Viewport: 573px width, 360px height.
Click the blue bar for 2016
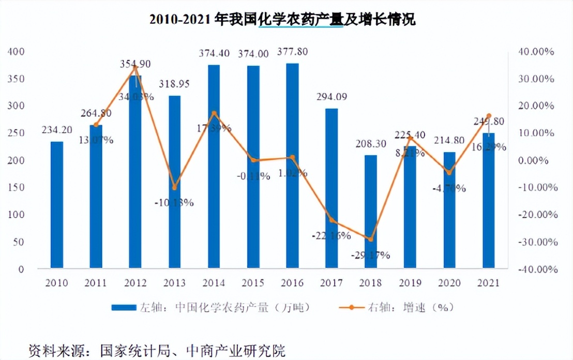coord(292,166)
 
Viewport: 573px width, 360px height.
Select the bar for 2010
coord(57,205)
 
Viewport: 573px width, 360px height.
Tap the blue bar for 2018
coord(371,212)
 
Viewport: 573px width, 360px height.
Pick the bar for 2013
coord(174,182)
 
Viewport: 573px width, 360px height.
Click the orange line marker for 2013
coord(174,187)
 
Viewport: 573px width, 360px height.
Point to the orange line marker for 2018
coord(371,239)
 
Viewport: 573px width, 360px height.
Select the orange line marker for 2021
coord(489,116)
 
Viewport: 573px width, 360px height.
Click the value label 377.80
coord(292,53)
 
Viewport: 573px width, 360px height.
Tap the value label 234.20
coord(57,130)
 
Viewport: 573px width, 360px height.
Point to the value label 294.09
coord(331,97)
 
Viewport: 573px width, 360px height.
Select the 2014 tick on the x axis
coord(214,283)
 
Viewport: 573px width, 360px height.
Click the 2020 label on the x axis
coord(449,283)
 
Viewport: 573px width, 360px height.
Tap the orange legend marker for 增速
coord(352,307)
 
